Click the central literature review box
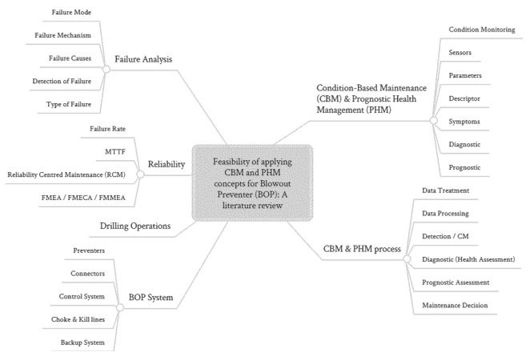tap(251, 183)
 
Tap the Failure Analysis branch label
tap(143, 58)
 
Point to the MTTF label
tap(102, 151)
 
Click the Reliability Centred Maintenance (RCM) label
tap(60, 174)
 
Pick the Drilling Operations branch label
tap(135, 226)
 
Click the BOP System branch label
tap(151, 298)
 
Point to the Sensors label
tap(460, 53)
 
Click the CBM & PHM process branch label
tap(361, 249)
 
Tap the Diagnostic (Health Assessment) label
tap(468, 259)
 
